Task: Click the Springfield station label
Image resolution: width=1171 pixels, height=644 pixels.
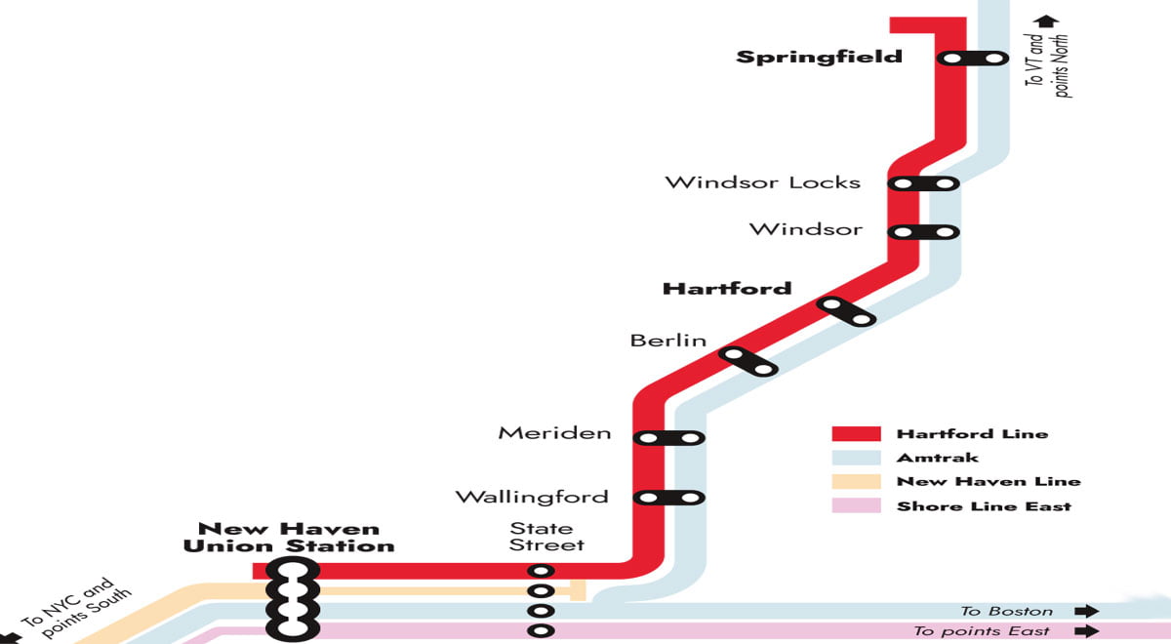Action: pyautogui.click(x=819, y=57)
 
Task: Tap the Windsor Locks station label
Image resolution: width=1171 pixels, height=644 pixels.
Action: pyautogui.click(x=762, y=182)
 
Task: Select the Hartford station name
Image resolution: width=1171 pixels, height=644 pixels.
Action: pyautogui.click(x=726, y=289)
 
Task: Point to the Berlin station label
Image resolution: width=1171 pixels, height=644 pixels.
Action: pyautogui.click(x=667, y=341)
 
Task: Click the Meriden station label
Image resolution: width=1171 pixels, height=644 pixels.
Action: pyautogui.click(x=554, y=433)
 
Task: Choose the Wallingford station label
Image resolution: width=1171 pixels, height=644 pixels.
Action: pyautogui.click(x=532, y=497)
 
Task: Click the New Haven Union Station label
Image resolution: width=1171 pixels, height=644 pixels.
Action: pyautogui.click(x=289, y=538)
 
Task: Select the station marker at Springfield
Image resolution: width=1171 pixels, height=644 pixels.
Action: pyautogui.click(x=972, y=59)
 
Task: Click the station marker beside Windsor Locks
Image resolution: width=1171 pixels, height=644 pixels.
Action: pyautogui.click(x=923, y=183)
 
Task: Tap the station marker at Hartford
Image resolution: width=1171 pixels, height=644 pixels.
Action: pyautogui.click(x=846, y=311)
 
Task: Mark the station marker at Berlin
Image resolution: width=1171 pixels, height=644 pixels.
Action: pyautogui.click(x=748, y=361)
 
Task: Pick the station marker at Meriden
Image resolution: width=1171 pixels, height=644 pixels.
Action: pyautogui.click(x=668, y=438)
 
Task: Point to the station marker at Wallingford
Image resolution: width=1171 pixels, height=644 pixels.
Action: pyautogui.click(x=668, y=498)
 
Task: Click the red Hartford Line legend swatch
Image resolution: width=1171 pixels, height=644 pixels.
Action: pyautogui.click(x=856, y=434)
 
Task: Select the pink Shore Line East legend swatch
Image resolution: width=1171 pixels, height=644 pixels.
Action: pyautogui.click(x=856, y=505)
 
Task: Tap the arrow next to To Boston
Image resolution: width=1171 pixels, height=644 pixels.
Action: pyautogui.click(x=1085, y=611)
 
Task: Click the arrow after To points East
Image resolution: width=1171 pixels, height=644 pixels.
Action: pyautogui.click(x=1085, y=631)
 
